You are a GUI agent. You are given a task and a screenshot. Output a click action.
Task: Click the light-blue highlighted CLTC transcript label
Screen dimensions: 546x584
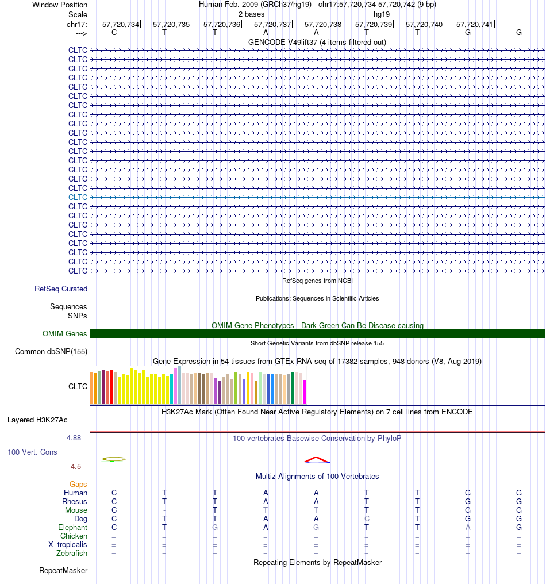tap(78, 197)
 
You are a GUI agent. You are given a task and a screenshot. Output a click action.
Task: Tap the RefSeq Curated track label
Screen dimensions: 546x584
tap(61, 289)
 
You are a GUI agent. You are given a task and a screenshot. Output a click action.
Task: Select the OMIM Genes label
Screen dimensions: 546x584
tap(64, 333)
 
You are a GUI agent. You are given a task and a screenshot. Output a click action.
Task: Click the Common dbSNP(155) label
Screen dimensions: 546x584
tap(51, 351)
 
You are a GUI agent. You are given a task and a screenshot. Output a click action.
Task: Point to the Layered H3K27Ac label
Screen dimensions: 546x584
tap(37, 420)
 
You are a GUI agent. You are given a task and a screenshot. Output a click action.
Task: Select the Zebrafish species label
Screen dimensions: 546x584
tap(71, 553)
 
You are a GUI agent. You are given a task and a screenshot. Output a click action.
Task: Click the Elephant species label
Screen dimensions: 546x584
tap(72, 528)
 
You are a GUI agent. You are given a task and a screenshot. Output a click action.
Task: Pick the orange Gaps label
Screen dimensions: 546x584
tap(78, 484)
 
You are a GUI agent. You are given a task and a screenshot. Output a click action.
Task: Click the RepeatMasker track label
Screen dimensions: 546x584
tap(63, 571)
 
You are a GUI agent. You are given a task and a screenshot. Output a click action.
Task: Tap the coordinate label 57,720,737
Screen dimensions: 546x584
tap(272, 24)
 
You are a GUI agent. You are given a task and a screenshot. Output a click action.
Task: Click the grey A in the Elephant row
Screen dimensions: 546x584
tap(468, 528)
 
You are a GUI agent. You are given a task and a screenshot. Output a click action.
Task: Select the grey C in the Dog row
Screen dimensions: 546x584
tap(367, 519)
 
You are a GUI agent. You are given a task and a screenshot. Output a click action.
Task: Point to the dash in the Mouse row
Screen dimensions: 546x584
tap(164, 510)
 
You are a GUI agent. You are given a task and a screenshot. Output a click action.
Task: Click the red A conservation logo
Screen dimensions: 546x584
tap(317, 460)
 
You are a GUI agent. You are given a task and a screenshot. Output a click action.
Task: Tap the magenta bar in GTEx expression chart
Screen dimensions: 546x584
tap(304, 392)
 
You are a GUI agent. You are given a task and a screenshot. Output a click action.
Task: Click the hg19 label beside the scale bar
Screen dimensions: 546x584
tap(382, 14)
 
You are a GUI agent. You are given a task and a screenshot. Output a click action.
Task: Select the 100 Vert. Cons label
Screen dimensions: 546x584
tap(32, 452)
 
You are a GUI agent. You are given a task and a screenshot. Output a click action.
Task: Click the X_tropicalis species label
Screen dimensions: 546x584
tap(67, 544)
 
